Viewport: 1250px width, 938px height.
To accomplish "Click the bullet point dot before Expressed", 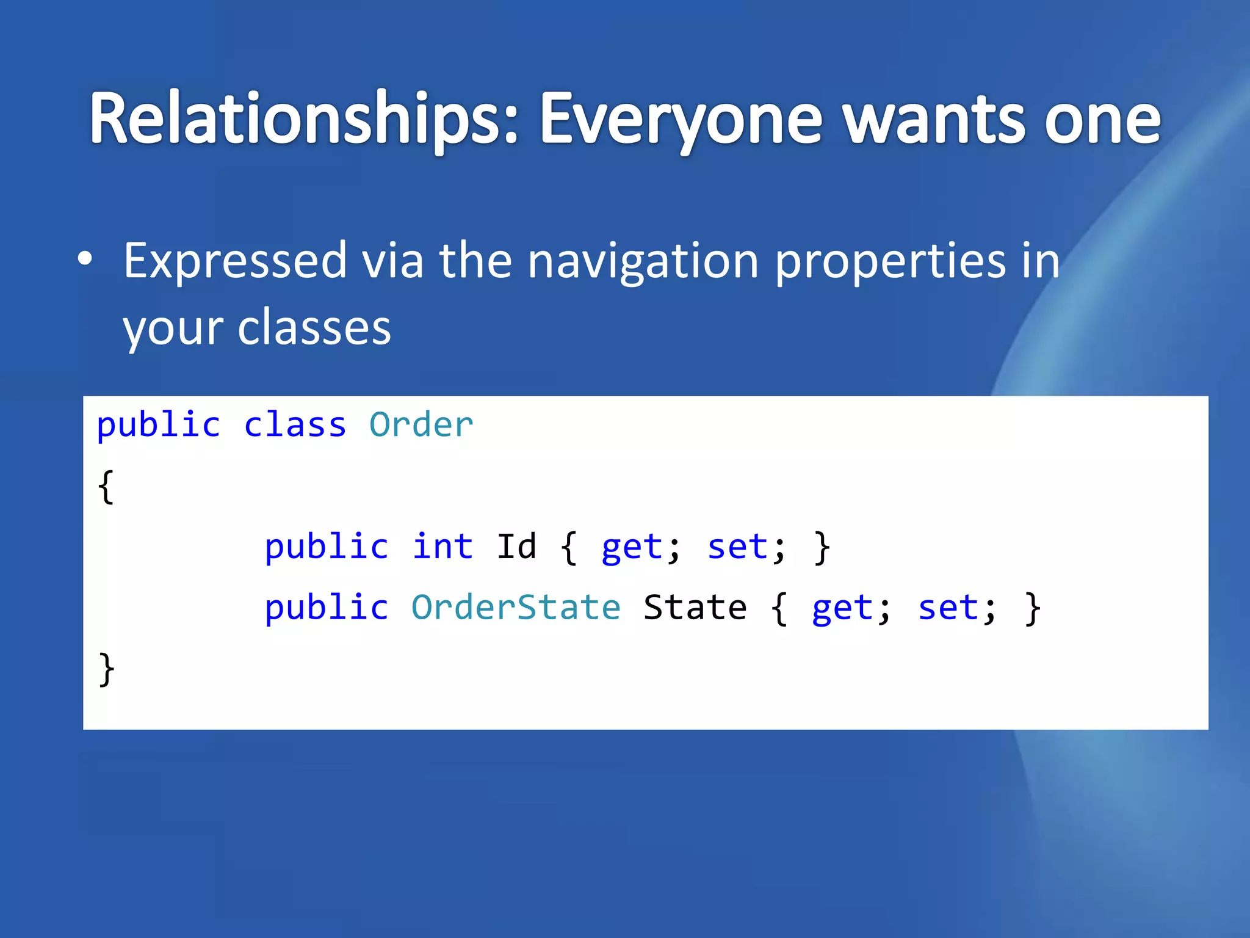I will click(85, 259).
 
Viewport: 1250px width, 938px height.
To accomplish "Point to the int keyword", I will click(443, 546).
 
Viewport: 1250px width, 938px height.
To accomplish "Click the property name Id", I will click(516, 546).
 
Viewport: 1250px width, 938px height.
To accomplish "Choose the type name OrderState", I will click(516, 607).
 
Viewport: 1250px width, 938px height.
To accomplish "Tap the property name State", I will click(695, 607).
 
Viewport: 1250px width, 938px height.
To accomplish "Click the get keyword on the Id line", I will click(632, 547).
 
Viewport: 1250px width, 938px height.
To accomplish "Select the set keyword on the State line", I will click(948, 608).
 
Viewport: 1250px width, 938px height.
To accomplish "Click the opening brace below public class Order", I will click(106, 487).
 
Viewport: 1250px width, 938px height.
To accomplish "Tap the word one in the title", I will click(1102, 119).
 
